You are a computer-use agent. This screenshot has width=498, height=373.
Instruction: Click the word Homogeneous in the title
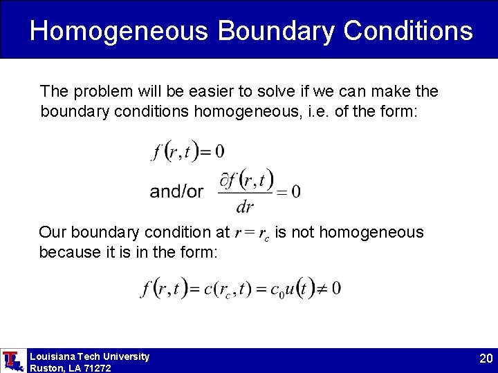pos(118,31)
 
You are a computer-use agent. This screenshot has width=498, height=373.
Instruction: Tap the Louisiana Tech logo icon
pos(12,361)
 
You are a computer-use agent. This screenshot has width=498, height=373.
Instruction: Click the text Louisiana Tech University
pos(89,356)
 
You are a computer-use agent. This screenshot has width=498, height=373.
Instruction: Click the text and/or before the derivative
pos(176,191)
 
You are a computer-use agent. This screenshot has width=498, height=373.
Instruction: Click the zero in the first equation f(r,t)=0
pos(219,151)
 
